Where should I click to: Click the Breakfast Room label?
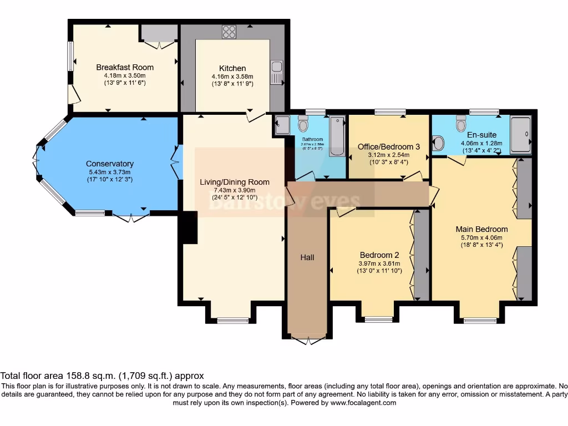[124, 68]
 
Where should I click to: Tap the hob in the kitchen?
[229, 31]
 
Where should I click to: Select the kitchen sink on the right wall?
[276, 73]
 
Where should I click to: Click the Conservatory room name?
[109, 164]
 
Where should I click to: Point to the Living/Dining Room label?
[235, 182]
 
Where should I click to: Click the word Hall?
[307, 257]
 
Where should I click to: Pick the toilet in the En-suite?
[461, 124]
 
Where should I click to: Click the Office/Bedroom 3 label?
[388, 146]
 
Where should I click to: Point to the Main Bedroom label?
[481, 229]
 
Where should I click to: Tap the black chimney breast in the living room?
[190, 227]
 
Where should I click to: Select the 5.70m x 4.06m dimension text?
[481, 237]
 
